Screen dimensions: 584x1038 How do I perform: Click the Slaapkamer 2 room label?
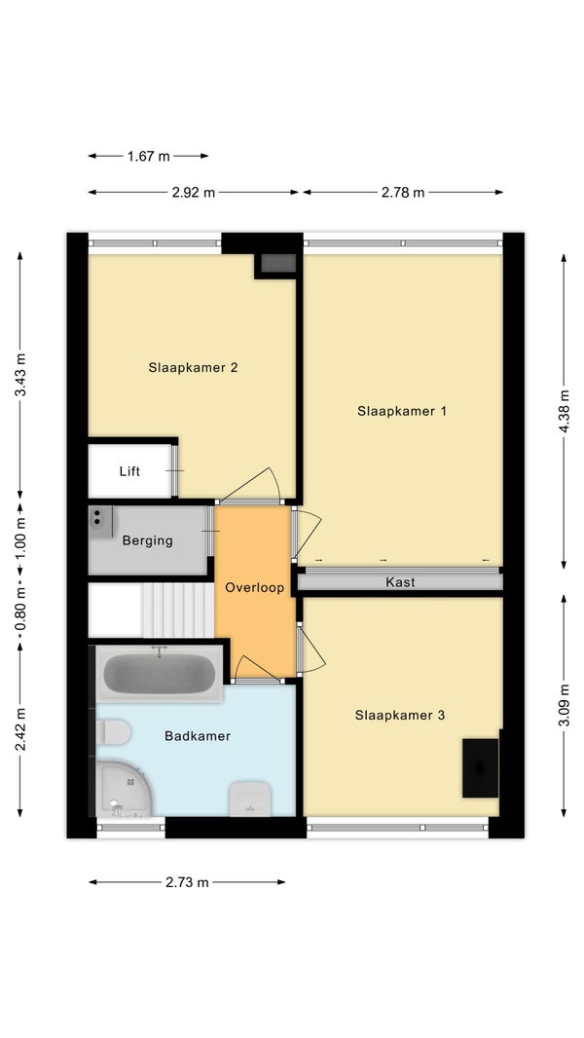point(193,367)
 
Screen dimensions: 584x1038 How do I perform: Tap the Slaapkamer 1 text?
point(402,411)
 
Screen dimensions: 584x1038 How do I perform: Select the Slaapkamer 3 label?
point(399,715)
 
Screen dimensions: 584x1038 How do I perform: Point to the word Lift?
point(129,471)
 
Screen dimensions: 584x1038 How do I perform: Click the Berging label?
point(148,540)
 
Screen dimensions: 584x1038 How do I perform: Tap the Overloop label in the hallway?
point(255,587)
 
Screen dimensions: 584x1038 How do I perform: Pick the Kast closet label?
point(400,582)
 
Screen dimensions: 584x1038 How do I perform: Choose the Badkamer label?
point(198,735)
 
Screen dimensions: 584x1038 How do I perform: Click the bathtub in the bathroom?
point(160,673)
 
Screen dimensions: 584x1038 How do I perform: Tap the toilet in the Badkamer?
point(113,732)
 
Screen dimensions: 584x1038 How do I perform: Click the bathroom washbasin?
point(249,798)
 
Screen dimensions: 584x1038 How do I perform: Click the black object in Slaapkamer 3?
point(481,768)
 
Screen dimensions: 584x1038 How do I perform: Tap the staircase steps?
point(178,610)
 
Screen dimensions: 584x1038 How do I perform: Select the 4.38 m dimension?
point(564,411)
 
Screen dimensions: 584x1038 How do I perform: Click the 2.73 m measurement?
point(187,882)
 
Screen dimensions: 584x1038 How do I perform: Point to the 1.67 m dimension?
point(148,156)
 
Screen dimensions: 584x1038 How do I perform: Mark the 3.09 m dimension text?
point(564,705)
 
